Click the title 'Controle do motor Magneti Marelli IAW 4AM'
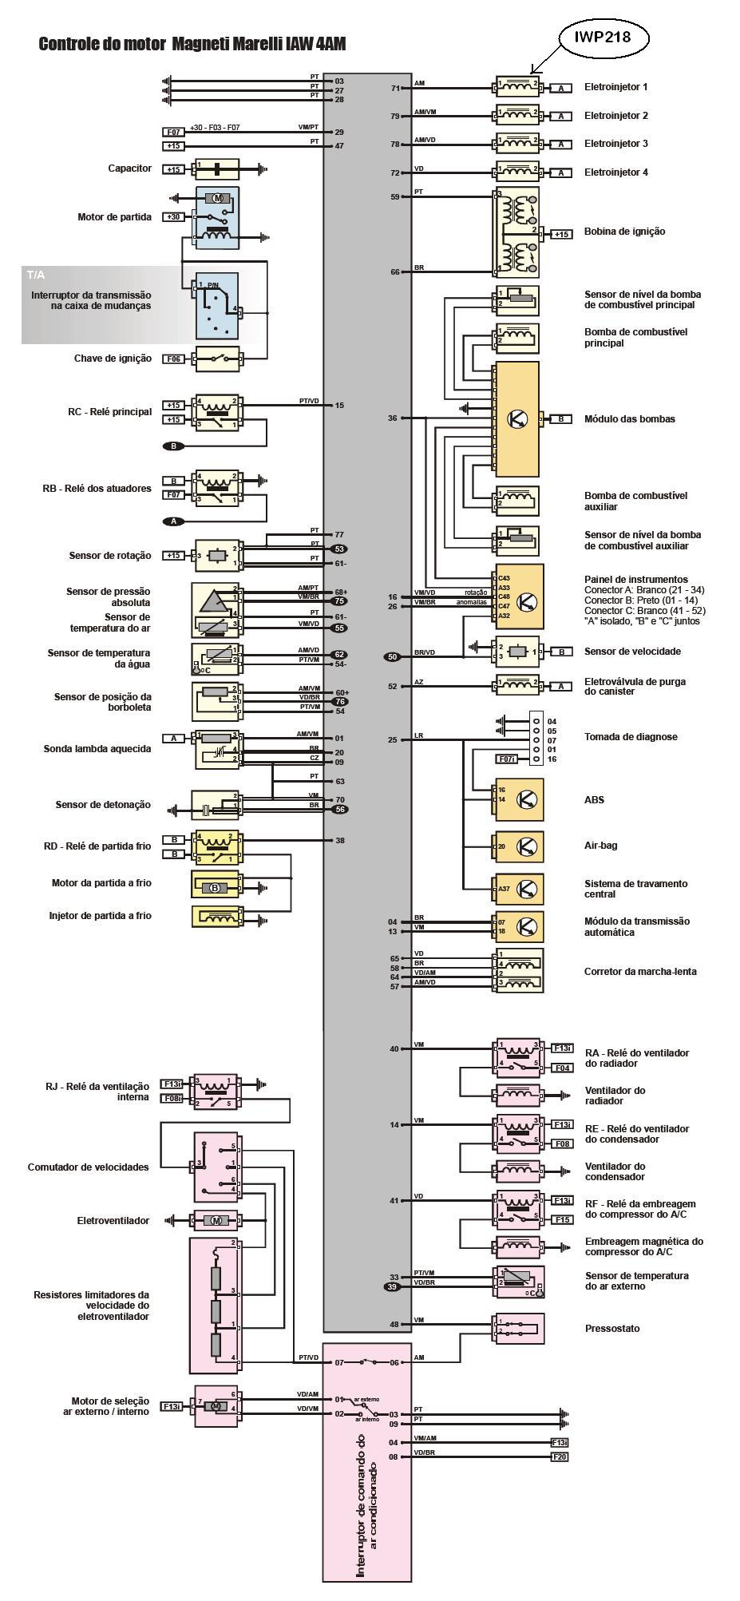(192, 45)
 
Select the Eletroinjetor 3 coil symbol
(517, 144)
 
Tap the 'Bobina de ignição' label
(624, 232)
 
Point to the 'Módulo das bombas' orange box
(517, 418)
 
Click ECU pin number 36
(392, 418)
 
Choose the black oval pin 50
(392, 656)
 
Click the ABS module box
(519, 799)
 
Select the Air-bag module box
(519, 846)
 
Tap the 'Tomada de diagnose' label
(631, 737)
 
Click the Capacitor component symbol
(217, 168)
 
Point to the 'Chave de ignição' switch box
(217, 359)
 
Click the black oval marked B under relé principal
(173, 446)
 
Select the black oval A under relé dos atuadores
(173, 521)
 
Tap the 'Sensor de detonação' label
(103, 805)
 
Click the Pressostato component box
(519, 1329)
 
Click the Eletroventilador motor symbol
(216, 1220)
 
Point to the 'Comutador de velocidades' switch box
(216, 1167)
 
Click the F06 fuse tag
(173, 359)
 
